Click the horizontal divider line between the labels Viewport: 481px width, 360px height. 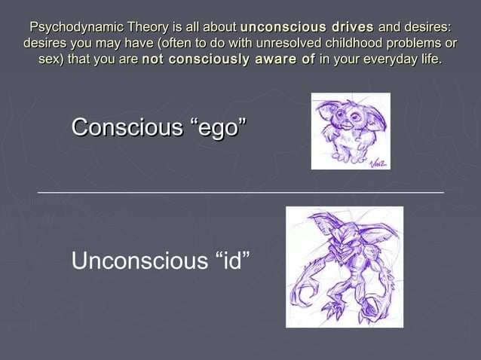(x=240, y=193)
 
